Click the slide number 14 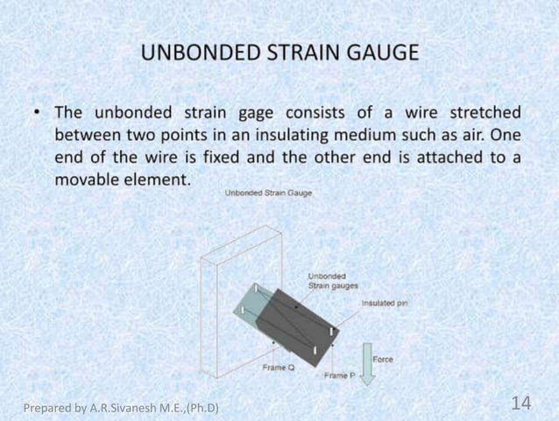tap(520, 403)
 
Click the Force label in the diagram tap(383, 359)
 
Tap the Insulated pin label tap(384, 303)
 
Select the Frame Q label tap(279, 367)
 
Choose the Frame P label tap(339, 375)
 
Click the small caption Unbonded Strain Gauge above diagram tap(268, 193)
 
